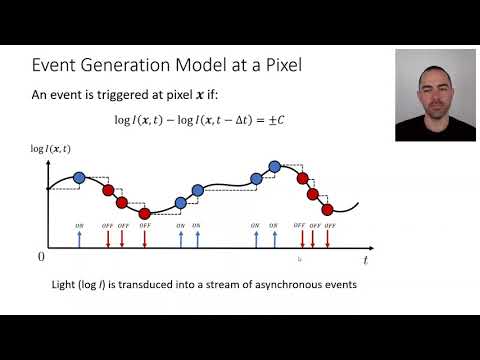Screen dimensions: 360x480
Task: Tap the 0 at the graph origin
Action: point(41,257)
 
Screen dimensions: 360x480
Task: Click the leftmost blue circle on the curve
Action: point(79,178)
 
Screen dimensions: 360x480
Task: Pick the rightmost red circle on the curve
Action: point(327,209)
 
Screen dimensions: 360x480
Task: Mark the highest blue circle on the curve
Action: point(274,166)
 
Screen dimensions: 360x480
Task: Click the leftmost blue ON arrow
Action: point(79,236)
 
